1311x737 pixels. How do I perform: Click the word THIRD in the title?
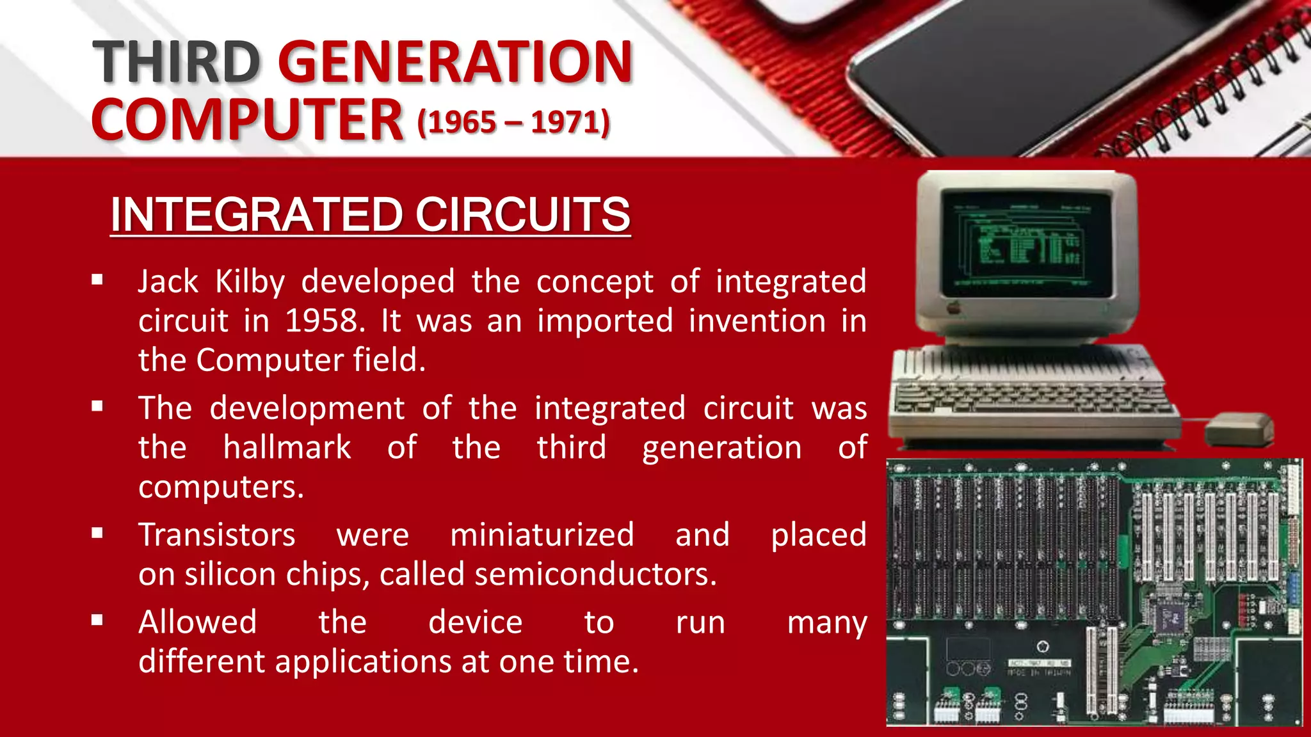(176, 62)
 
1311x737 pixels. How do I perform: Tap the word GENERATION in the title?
(455, 62)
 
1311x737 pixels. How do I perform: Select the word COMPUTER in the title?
(248, 120)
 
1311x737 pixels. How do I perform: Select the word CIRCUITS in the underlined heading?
(523, 214)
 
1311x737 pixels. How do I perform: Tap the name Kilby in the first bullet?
(250, 282)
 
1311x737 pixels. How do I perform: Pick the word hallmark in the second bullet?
(287, 447)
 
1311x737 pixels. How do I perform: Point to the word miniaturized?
(542, 535)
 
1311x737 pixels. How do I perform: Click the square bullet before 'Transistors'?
(97, 534)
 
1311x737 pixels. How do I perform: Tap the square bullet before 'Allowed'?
(97, 621)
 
